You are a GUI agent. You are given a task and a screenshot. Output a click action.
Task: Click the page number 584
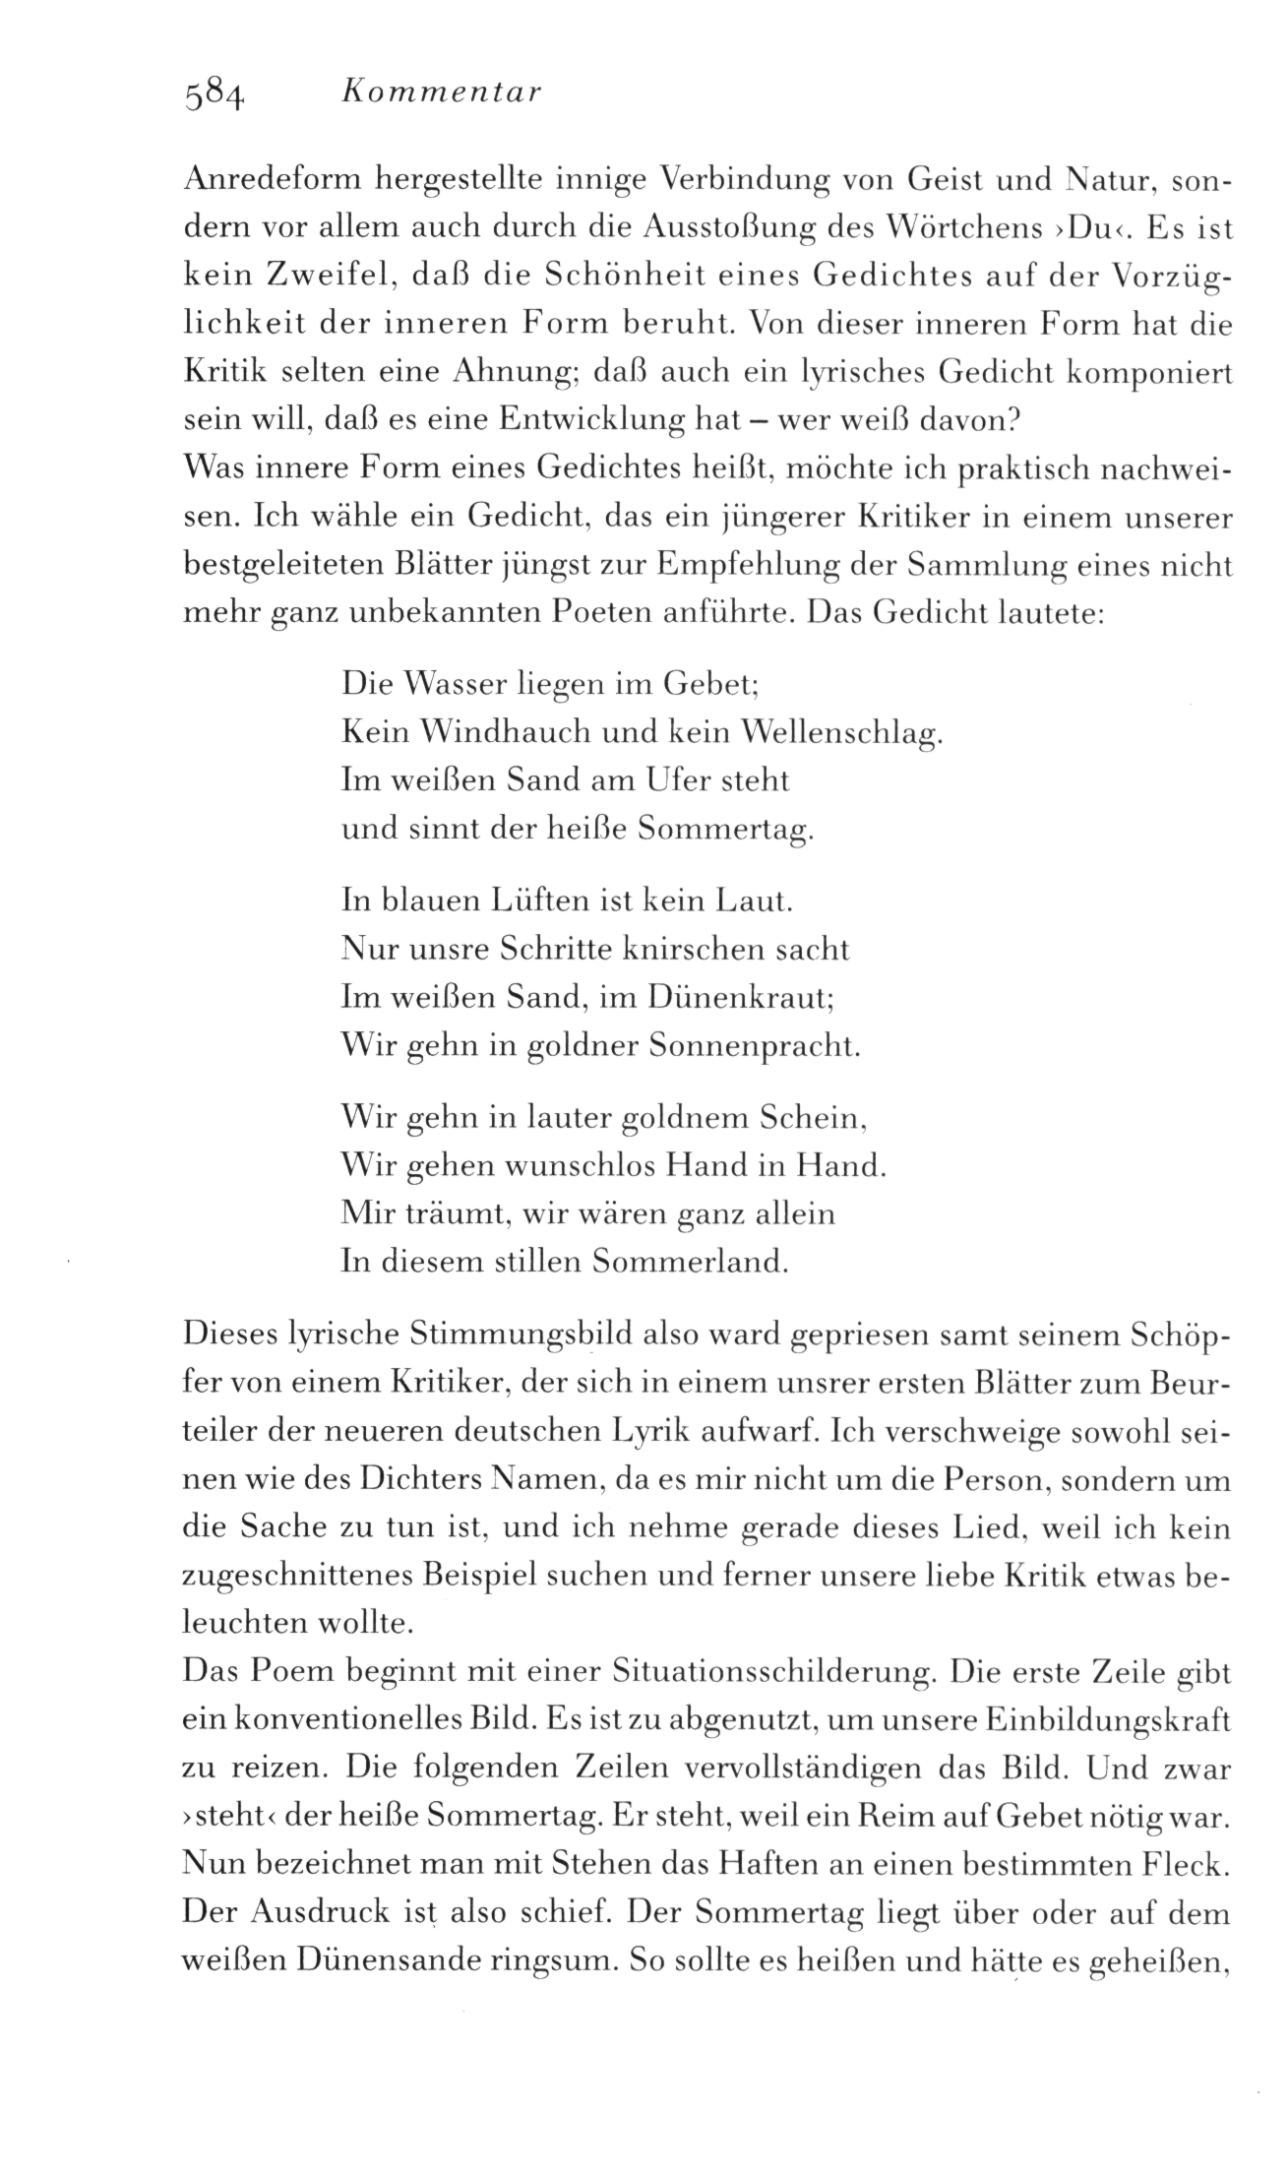click(213, 96)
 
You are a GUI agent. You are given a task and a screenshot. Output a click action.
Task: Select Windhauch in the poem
click(494, 732)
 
